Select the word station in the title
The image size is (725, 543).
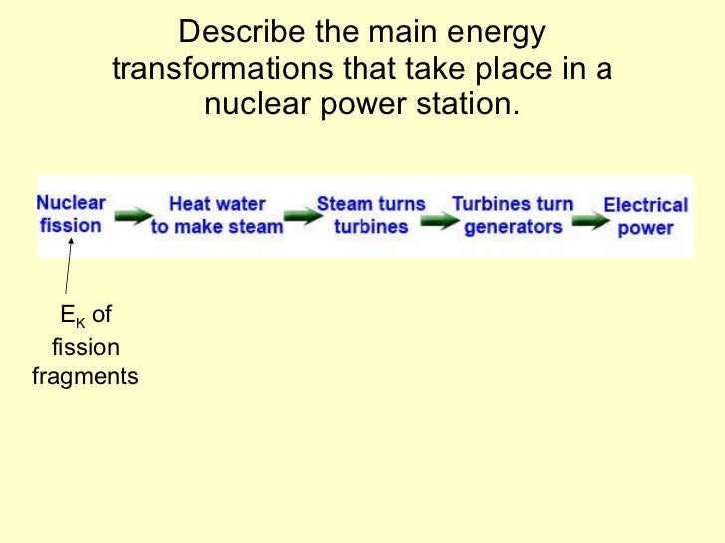[x=467, y=103]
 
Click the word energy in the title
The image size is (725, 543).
[x=496, y=34]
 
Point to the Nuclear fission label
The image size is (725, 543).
[x=70, y=214]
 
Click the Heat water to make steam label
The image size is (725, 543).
[x=217, y=215]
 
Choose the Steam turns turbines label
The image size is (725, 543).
[x=370, y=215]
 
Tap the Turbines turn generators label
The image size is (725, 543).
[x=512, y=215]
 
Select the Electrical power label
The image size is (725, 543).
[x=645, y=216]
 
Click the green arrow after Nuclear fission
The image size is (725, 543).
[x=132, y=216]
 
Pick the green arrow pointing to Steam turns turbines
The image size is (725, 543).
[x=299, y=216]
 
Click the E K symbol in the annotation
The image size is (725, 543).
[x=72, y=317]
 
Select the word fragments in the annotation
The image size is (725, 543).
[x=86, y=377]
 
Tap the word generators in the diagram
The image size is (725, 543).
[x=512, y=226]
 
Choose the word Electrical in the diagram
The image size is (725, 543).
[x=645, y=206]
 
